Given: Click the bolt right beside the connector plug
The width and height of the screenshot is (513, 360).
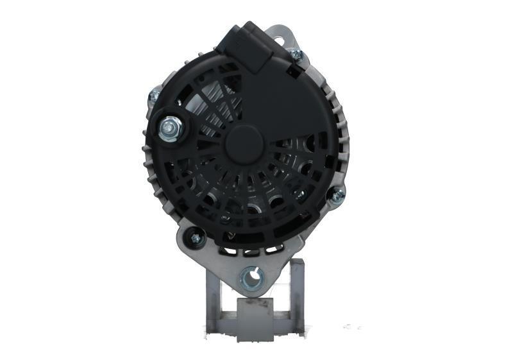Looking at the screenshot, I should click(296, 55).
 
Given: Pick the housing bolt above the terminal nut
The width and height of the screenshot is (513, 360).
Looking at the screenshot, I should click(155, 96).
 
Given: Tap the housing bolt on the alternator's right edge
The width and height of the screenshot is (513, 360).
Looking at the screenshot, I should click(335, 194).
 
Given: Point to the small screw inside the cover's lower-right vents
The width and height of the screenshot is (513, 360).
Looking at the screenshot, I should click(299, 193).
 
